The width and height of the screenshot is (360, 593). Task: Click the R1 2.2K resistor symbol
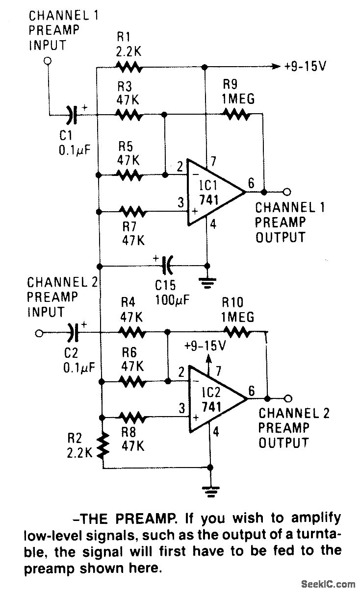click(129, 67)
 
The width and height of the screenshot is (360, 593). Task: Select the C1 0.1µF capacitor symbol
click(72, 115)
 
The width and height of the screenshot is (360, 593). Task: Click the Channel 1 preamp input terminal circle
click(48, 61)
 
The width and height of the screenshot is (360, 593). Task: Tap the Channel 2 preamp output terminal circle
click(288, 398)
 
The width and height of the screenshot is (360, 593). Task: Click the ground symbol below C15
click(207, 283)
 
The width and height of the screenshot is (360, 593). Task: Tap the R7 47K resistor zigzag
click(132, 212)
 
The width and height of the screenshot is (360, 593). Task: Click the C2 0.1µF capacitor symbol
click(73, 333)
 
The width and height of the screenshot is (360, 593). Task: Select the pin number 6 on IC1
click(251, 183)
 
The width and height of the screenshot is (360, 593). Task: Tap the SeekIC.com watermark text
click(329, 584)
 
